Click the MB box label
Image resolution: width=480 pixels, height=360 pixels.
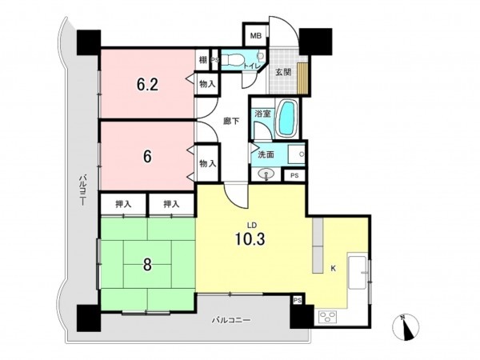click(x=256, y=36)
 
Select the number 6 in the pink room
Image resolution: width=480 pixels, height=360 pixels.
click(x=146, y=156)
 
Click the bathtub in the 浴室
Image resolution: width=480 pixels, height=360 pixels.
click(x=286, y=120)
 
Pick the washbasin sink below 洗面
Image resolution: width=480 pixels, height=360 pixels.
click(x=267, y=174)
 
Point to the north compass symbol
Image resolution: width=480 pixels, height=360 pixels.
click(x=405, y=327)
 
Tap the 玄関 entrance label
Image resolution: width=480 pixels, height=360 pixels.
click(x=283, y=72)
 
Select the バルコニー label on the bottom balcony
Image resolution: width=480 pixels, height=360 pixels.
click(x=231, y=319)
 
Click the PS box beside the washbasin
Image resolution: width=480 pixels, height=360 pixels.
click(x=294, y=175)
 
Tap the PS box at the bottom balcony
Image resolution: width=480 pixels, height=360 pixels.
click(x=298, y=301)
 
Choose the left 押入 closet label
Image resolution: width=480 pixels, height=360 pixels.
click(x=124, y=205)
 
